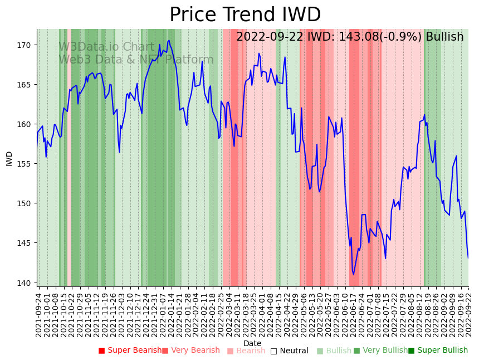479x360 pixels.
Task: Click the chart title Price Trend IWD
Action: [x=245, y=15]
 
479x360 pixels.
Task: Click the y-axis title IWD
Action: [x=9, y=158]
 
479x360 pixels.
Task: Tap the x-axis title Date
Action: [x=252, y=343]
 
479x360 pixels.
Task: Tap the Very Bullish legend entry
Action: [x=380, y=351]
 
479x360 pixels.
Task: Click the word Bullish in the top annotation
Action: [x=444, y=37]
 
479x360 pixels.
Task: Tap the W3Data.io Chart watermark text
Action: [x=106, y=47]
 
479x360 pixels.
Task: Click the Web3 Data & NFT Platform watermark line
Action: [x=136, y=60]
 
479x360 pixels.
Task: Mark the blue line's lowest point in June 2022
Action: [x=353, y=274]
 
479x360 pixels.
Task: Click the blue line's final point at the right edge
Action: [x=468, y=258]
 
